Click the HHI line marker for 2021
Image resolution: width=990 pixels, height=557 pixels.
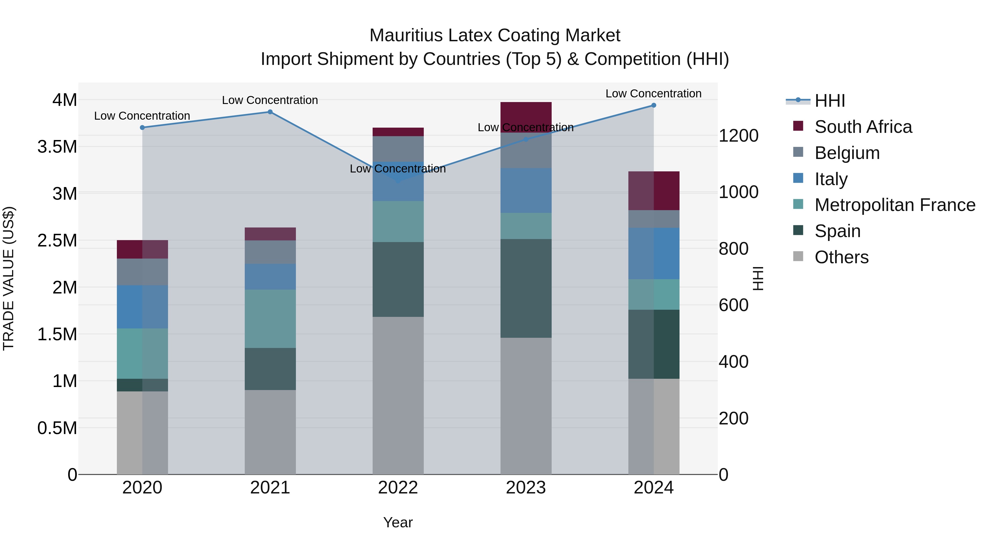click(270, 112)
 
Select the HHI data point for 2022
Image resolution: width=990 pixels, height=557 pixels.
click(398, 181)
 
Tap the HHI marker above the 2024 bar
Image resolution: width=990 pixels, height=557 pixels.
click(653, 105)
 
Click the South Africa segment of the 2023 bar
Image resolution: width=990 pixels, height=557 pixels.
click(526, 115)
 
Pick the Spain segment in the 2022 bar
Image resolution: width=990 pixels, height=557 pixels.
click(398, 279)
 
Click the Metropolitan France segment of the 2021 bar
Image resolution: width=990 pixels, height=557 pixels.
click(270, 319)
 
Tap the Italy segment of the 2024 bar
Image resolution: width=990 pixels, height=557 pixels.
click(653, 253)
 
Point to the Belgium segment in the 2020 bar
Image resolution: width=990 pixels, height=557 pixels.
click(142, 272)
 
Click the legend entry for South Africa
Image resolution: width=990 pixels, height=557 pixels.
click(863, 127)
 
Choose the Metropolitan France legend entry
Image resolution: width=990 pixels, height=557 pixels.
click(895, 205)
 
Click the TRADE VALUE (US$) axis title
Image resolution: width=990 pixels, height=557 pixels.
click(9, 278)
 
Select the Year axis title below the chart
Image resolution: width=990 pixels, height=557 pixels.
click(398, 522)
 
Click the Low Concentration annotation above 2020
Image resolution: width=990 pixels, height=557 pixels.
click(142, 116)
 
